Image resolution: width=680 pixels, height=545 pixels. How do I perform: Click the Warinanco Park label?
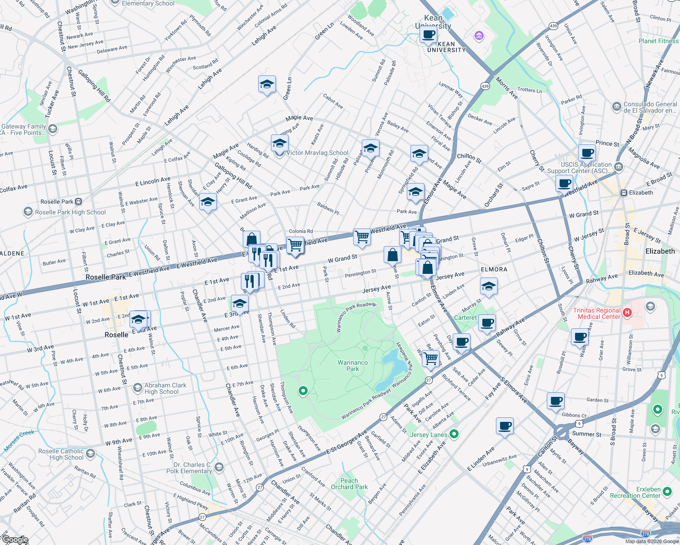pyautogui.click(x=353, y=366)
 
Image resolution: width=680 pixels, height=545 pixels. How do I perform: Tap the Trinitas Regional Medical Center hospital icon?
pyautogui.click(x=627, y=312)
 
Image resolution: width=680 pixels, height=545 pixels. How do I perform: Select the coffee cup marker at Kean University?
pyautogui.click(x=428, y=34)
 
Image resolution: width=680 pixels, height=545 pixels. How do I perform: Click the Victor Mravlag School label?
pyautogui.click(x=317, y=153)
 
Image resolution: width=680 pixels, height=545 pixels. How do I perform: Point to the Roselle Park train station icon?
pyautogui.click(x=79, y=202)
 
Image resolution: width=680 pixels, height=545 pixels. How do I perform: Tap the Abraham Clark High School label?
pyautogui.click(x=165, y=388)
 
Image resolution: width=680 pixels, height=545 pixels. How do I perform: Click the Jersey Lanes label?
pyautogui.click(x=429, y=435)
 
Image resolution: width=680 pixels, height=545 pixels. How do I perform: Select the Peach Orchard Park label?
pyautogui.click(x=349, y=484)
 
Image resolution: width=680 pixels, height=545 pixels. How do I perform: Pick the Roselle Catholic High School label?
pyautogui.click(x=61, y=454)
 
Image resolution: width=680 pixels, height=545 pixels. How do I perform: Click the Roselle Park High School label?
pyautogui.click(x=70, y=212)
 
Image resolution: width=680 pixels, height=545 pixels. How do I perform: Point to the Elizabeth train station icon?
pyautogui.click(x=624, y=193)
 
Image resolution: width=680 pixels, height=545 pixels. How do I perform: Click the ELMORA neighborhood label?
pyautogui.click(x=494, y=269)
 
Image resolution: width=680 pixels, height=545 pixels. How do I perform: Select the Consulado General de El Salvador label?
pyautogui.click(x=650, y=107)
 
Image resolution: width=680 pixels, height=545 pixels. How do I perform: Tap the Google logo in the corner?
pyautogui.click(x=15, y=540)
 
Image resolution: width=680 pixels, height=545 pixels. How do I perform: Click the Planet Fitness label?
pyautogui.click(x=658, y=41)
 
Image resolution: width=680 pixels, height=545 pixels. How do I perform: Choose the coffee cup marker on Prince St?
pyautogui.click(x=587, y=153)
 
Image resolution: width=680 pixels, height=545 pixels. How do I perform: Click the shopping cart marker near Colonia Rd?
pyautogui.click(x=295, y=245)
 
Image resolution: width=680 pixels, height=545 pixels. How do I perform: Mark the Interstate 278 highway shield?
pyautogui.click(x=645, y=534)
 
